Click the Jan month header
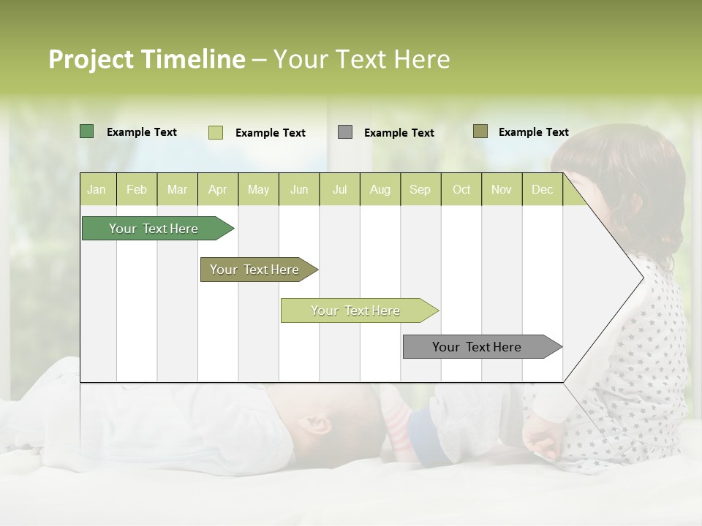tap(97, 189)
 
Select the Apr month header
tap(217, 189)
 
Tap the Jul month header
tap(339, 189)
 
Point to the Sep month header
tap(420, 189)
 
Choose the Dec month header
tap(542, 189)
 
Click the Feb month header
tap(137, 189)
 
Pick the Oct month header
tap(461, 189)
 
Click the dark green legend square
tap(86, 131)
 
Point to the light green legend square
tap(215, 132)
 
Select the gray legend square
tap(345, 132)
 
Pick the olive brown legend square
tap(480, 131)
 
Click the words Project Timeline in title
tap(146, 59)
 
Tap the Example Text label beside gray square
tap(399, 133)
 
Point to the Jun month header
tap(299, 189)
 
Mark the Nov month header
tap(502, 189)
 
